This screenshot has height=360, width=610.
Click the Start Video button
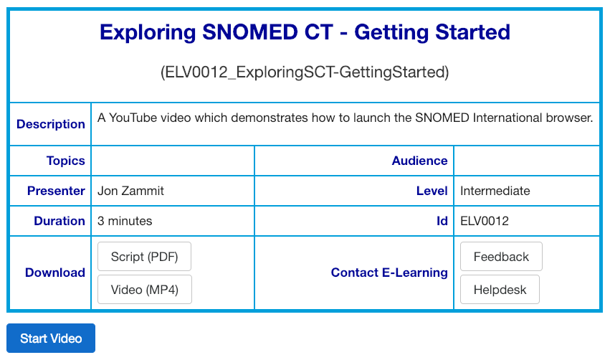pyautogui.click(x=51, y=338)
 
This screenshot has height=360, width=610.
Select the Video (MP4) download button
pyautogui.click(x=144, y=289)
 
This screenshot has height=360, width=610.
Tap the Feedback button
pyautogui.click(x=501, y=257)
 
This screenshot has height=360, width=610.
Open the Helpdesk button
pyautogui.click(x=500, y=289)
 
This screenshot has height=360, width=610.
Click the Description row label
pyautogui.click(x=51, y=124)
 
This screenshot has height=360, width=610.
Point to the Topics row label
pyautogui.click(x=66, y=161)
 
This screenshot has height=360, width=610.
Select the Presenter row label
pyautogui.click(x=56, y=191)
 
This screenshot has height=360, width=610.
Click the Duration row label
pyautogui.click(x=59, y=221)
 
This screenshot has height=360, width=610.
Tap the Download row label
pyautogui.click(x=55, y=273)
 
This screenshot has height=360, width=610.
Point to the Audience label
pyautogui.click(x=419, y=161)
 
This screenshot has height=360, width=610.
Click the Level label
pyautogui.click(x=432, y=191)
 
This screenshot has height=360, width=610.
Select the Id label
pyautogui.click(x=442, y=221)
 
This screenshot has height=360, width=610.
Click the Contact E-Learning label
pyautogui.click(x=389, y=273)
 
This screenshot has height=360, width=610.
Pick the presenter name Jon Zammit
pyautogui.click(x=130, y=191)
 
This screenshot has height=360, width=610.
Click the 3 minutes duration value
pyautogui.click(x=125, y=221)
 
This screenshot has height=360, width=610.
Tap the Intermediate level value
pyautogui.click(x=495, y=191)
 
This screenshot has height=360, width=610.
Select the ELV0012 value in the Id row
pyautogui.click(x=485, y=221)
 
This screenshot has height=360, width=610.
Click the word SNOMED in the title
pyautogui.click(x=249, y=32)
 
